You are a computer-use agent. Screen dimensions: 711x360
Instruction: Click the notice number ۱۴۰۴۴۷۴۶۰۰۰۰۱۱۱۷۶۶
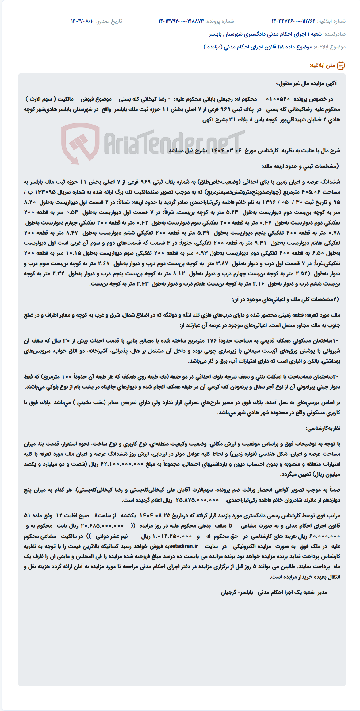pos(293,21)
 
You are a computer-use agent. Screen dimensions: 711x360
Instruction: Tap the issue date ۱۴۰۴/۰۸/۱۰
pos(83,21)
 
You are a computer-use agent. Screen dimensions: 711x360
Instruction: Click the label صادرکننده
pos(335,34)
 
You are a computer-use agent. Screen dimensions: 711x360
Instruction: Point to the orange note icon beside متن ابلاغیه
pos(341,66)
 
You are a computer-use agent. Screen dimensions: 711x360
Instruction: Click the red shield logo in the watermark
pos(80,143)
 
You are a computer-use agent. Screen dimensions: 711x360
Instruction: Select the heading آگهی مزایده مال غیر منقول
pos(306,83)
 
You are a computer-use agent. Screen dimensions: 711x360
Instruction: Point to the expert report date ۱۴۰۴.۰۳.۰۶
pos(226,151)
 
